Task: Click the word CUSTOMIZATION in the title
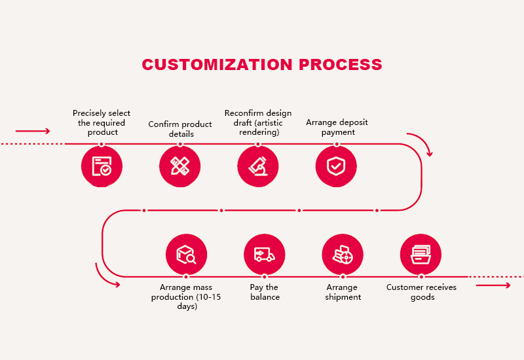click(x=217, y=64)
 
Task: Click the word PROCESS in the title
click(x=341, y=64)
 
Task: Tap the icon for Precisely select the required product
click(x=102, y=166)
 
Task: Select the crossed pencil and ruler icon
click(x=179, y=166)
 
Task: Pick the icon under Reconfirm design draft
click(x=258, y=166)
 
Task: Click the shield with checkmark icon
click(x=336, y=166)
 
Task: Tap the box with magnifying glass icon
click(x=186, y=255)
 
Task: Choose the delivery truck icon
click(x=265, y=255)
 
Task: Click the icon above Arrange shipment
click(x=343, y=255)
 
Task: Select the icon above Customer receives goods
click(x=421, y=255)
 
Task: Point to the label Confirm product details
click(x=180, y=129)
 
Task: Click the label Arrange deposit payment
click(x=337, y=127)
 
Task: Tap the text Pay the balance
click(x=265, y=292)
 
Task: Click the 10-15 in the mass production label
click(x=210, y=297)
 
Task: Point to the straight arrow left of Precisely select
click(x=33, y=131)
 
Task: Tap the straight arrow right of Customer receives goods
click(x=493, y=285)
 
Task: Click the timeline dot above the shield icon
click(x=337, y=144)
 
